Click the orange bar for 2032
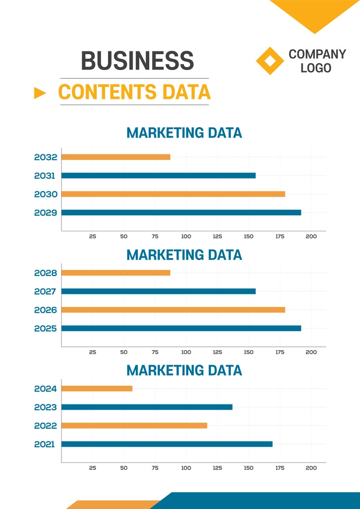[116, 157]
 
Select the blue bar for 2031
[158, 176]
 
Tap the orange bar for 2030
[173, 194]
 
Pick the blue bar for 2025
[181, 329]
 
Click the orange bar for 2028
[116, 273]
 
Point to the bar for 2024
[97, 389]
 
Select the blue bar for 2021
[167, 444]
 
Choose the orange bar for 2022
[134, 426]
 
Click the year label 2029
[46, 213]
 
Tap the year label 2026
[46, 310]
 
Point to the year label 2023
[46, 407]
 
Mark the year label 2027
[46, 291]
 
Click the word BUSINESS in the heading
[137, 61]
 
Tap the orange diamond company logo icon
[270, 61]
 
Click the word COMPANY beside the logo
[317, 54]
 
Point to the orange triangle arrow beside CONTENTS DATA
[40, 93]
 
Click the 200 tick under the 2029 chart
[311, 237]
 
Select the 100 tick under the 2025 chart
[186, 352]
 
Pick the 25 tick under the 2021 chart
[93, 468]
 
